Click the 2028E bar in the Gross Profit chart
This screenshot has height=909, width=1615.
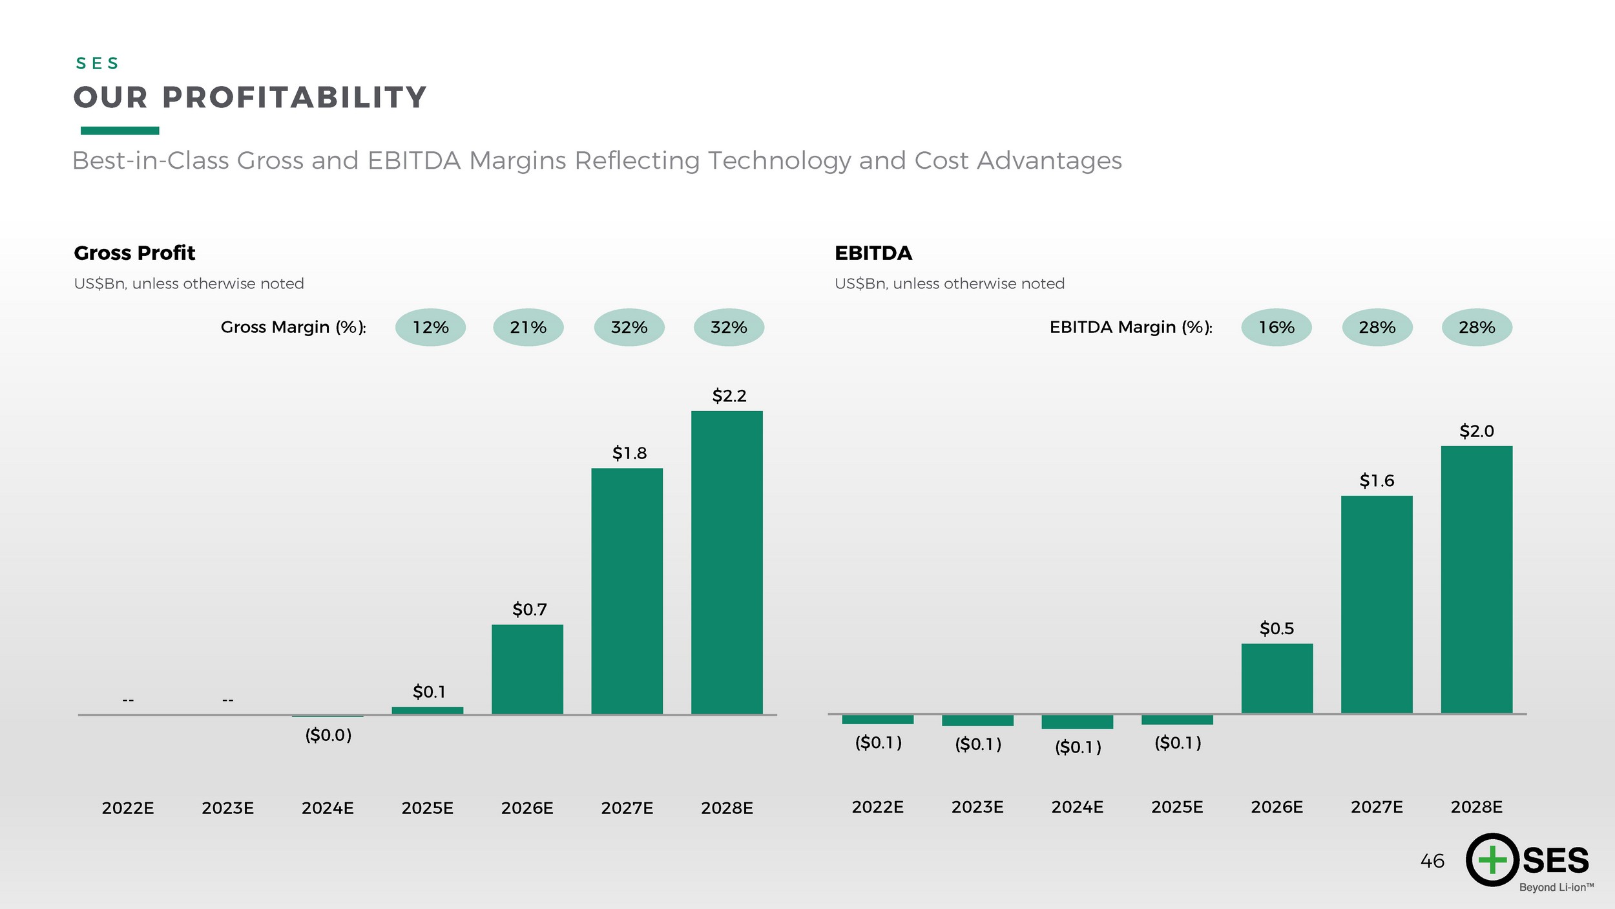pos(727,562)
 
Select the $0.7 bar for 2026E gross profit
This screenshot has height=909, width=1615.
pos(527,669)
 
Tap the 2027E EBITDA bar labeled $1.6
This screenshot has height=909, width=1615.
pos(1377,604)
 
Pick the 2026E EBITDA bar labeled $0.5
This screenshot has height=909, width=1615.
pos(1277,679)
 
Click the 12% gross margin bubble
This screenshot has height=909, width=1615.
pos(430,327)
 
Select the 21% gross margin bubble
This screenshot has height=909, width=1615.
pos(528,327)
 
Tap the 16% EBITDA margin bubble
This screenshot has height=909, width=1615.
pos(1276,327)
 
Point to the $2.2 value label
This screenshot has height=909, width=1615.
pos(729,396)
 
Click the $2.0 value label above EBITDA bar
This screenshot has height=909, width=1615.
pos(1477,431)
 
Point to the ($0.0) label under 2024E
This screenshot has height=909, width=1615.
pos(328,735)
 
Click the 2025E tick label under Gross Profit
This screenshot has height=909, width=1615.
pos(427,808)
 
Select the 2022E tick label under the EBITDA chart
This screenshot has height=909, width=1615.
pos(877,807)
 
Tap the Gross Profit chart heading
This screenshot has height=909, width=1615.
pos(134,253)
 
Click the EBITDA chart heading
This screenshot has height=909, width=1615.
pos(873,253)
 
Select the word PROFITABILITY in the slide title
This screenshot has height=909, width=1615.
pos(294,98)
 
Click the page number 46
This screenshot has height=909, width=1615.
pos(1432,861)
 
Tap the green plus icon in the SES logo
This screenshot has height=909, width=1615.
pos(1492,860)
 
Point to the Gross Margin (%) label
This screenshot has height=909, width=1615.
pos(293,327)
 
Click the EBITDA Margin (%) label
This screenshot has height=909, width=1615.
pos(1130,327)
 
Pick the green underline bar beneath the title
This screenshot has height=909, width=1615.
pos(120,131)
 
